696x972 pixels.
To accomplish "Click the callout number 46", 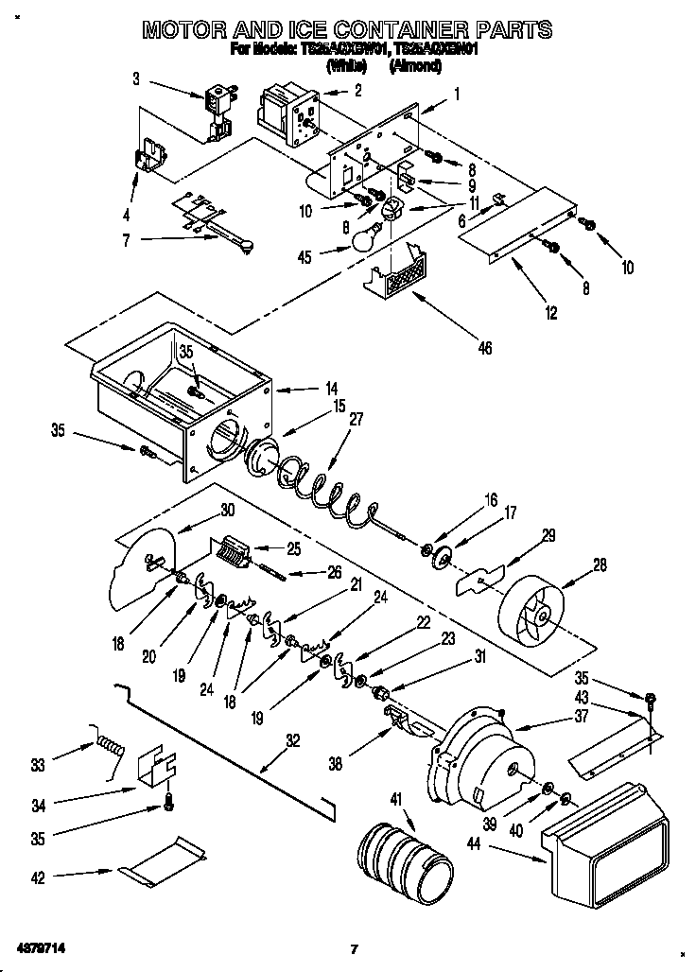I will [484, 349].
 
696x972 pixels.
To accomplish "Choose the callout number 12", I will [550, 312].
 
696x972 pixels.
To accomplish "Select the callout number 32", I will [293, 741].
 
